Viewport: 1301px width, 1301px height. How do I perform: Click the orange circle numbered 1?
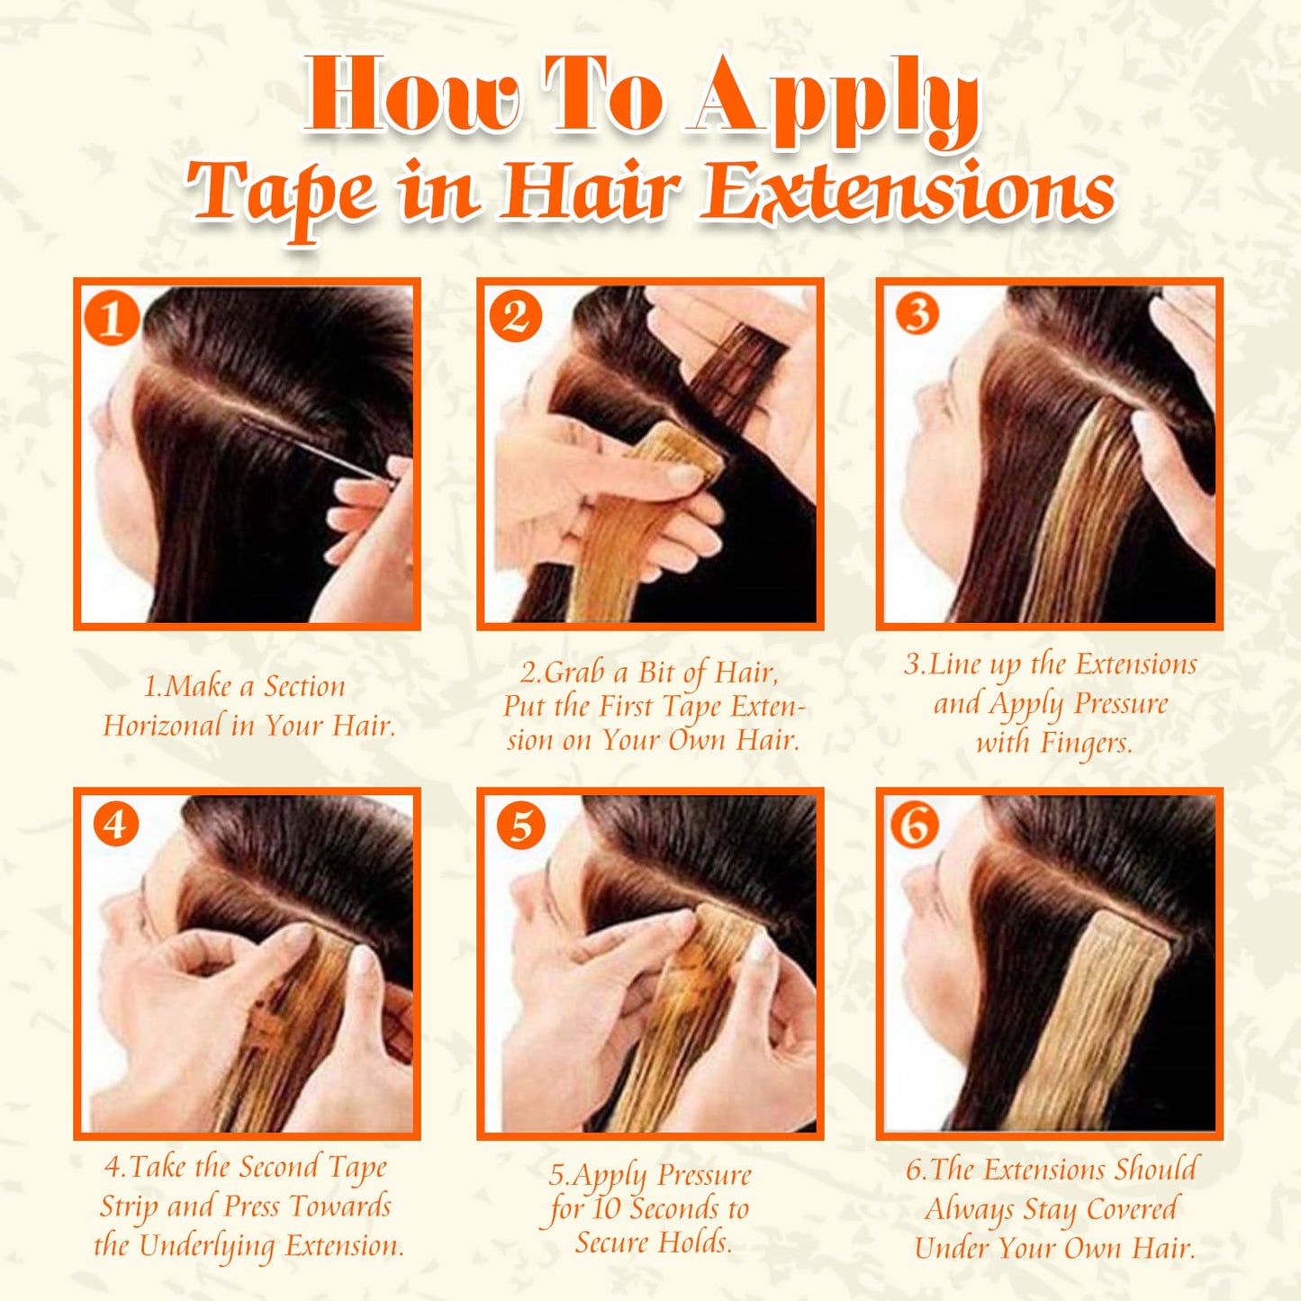[x=112, y=318]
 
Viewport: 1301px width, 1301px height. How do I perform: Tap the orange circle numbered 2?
[x=515, y=316]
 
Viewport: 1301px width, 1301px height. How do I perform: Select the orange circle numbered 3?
[x=917, y=313]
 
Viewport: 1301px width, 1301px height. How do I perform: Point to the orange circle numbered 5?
[x=520, y=826]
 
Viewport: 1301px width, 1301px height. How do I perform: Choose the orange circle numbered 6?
[x=915, y=824]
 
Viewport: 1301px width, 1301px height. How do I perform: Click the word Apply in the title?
[x=836, y=99]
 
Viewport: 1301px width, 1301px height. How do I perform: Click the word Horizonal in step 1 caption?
[x=163, y=725]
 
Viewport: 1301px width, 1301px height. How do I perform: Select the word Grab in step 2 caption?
[x=574, y=673]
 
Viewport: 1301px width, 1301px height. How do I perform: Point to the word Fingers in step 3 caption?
[x=1086, y=743]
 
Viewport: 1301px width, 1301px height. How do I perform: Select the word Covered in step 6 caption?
[x=1131, y=1208]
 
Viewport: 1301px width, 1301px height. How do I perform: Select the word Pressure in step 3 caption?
[x=1120, y=703]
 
